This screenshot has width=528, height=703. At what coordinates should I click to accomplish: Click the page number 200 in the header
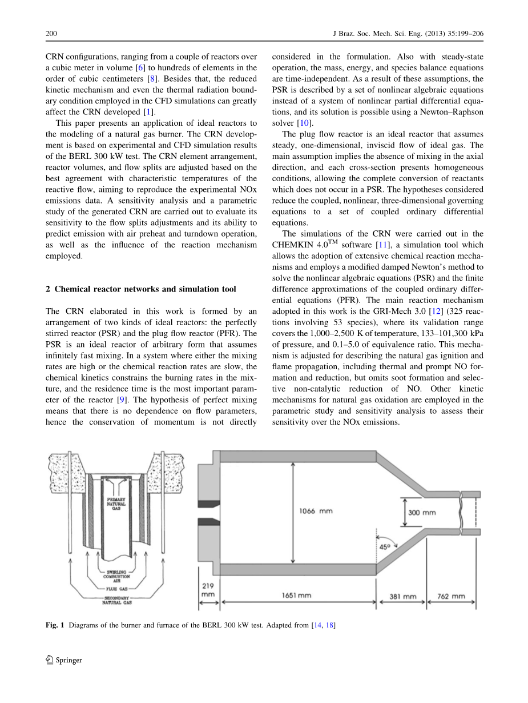tap(51, 34)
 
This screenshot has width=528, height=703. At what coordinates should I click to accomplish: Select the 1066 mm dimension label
tap(316, 511)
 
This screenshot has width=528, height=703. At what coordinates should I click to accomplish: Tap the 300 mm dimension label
tap(422, 513)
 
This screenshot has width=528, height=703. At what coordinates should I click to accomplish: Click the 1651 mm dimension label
tap(296, 596)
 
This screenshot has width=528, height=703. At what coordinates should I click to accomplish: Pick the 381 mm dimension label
tap(402, 597)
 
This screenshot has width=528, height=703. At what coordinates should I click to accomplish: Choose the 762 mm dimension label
tap(451, 597)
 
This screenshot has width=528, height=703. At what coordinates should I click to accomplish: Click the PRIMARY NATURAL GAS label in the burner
tap(116, 503)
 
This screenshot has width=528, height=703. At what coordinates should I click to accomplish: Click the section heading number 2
tap(48, 289)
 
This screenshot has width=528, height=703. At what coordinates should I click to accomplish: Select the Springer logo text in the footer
tap(68, 660)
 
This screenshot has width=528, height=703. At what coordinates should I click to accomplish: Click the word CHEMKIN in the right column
tap(292, 245)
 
